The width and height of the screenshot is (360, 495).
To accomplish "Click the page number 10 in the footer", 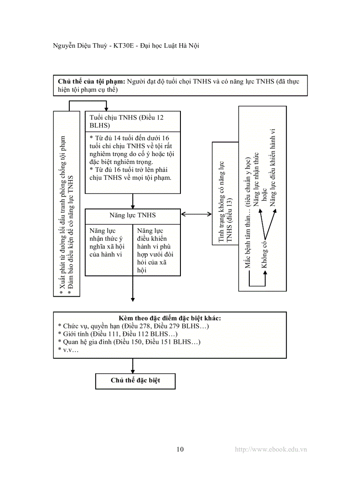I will pos(180,450).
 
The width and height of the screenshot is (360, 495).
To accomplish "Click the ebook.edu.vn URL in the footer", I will pos(271,450).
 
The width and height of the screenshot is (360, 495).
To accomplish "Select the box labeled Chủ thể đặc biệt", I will pos(135,381).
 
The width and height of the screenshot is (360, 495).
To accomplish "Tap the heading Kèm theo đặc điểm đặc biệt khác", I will pos(170,318).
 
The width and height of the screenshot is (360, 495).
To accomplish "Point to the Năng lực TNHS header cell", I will pos(132,216).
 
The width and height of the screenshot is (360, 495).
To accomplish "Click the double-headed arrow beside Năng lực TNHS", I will pos(196,215).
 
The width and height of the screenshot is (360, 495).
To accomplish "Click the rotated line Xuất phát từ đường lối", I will pos(63,212).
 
